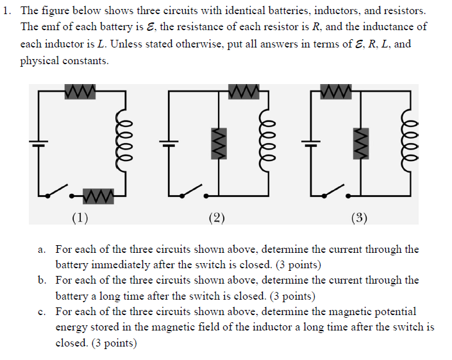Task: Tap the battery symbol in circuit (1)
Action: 38,142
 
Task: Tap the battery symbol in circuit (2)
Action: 169,142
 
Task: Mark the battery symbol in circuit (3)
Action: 311,142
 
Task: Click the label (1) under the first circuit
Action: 80,218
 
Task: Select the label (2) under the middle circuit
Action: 217,218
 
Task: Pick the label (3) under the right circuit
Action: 360,218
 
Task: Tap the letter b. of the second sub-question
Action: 42,280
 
